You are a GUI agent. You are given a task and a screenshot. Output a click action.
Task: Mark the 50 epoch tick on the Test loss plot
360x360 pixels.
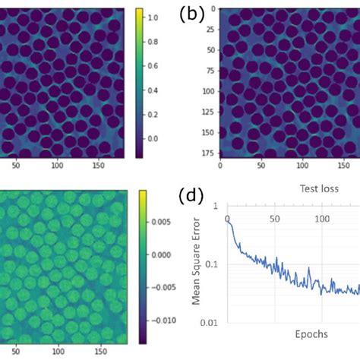tap(275, 219)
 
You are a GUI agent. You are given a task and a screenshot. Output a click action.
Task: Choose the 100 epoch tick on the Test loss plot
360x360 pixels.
tap(323, 219)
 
